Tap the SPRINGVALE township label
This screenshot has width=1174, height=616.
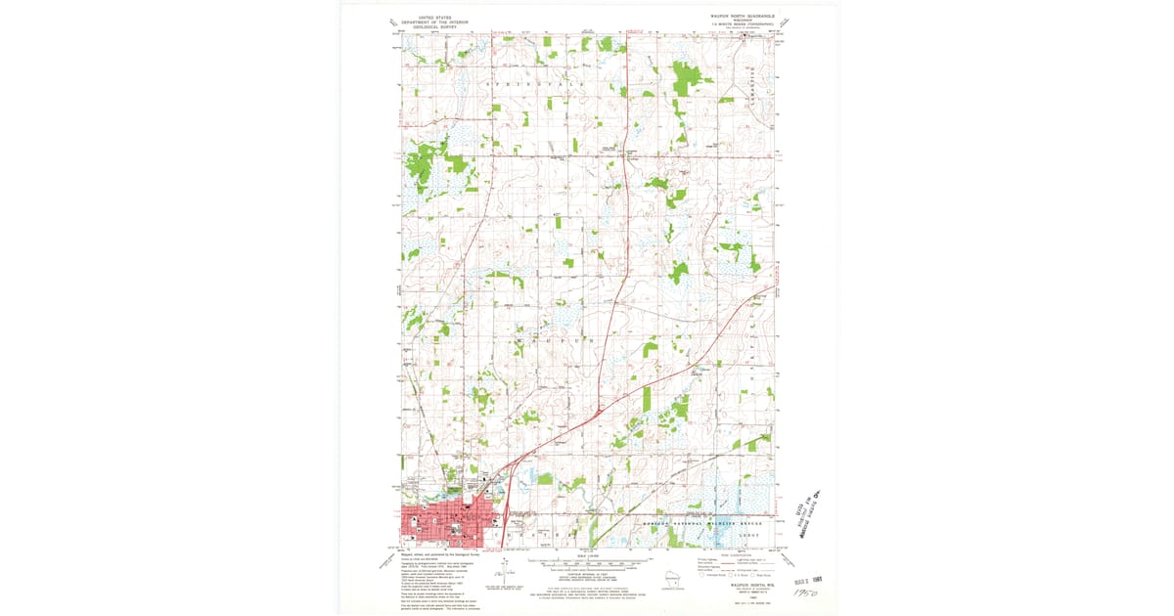(534, 86)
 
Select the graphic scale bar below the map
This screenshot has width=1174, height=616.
(587, 564)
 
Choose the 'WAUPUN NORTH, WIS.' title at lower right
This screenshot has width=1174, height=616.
(732, 587)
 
